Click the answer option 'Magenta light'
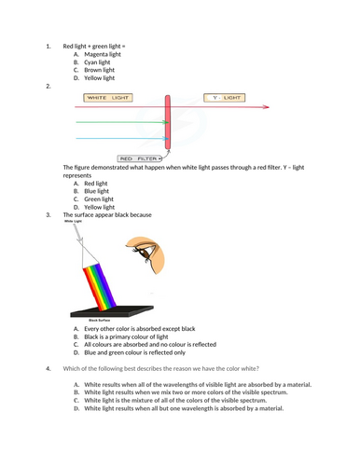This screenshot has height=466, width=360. coord(102,54)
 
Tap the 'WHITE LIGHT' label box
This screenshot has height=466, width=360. coord(108,97)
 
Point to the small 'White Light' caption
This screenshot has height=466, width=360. coord(74,222)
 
